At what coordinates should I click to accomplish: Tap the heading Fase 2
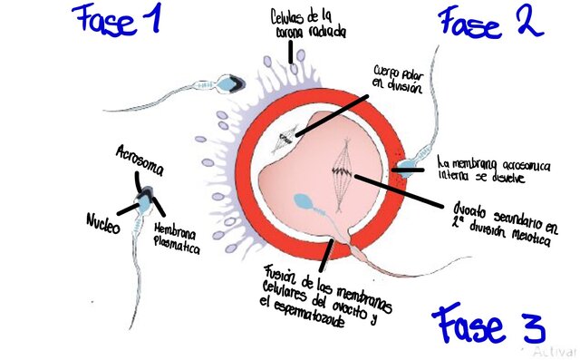click(x=491, y=22)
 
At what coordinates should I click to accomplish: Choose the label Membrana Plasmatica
click(x=177, y=237)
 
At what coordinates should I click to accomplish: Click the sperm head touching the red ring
click(x=411, y=165)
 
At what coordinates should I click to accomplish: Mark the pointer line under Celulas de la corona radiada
click(x=293, y=54)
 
